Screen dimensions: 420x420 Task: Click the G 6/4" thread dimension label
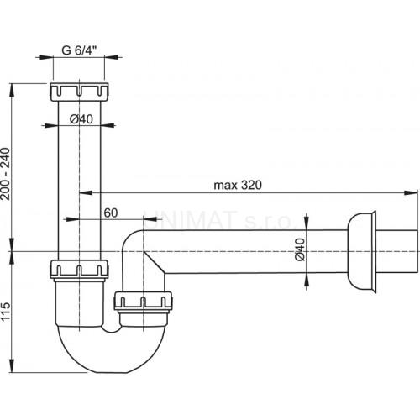pos(79,50)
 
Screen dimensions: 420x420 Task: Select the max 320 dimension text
pos(238,185)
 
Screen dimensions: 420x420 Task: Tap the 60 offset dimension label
pos(111,213)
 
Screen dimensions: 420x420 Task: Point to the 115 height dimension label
pos(5,311)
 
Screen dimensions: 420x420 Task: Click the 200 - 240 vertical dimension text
pos(5,174)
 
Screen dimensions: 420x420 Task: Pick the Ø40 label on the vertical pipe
pos(81,119)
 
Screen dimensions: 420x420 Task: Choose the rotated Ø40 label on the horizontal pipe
pos(300,249)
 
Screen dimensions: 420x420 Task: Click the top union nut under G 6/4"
pos(80,92)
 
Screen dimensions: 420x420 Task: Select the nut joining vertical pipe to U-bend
pos(79,270)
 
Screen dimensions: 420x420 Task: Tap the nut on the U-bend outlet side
pos(143,302)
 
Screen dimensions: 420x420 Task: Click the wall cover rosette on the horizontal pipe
pos(361,252)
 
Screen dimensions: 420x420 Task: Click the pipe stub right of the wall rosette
pos(397,251)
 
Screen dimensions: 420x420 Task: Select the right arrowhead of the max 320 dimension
pos(411,192)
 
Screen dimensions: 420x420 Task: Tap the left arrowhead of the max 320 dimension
pos(87,192)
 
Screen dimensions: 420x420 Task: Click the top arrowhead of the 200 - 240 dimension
pos(12,90)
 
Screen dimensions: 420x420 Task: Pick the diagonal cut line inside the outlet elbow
pos(154,262)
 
